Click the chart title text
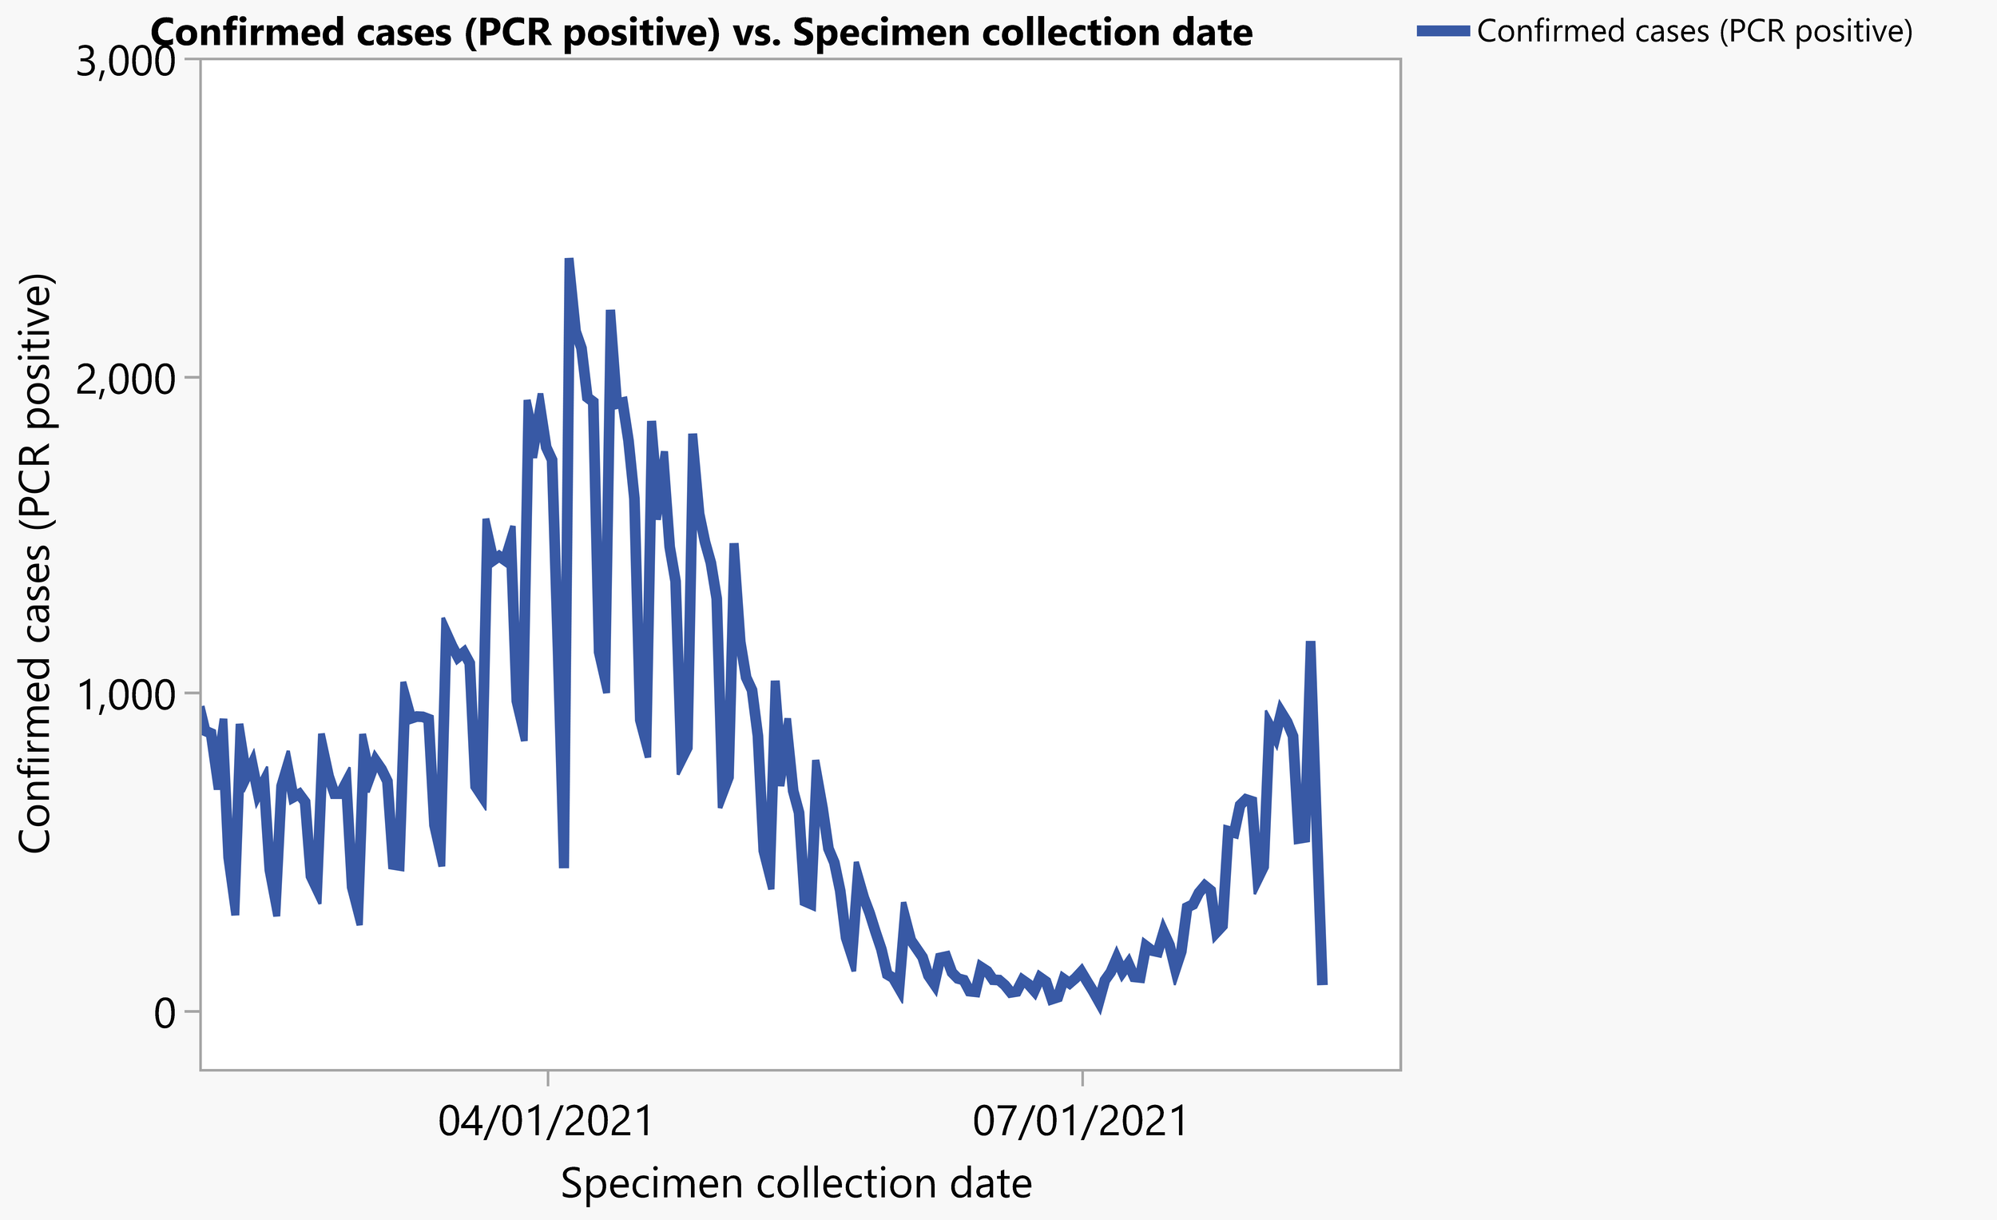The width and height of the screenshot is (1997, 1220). tap(701, 34)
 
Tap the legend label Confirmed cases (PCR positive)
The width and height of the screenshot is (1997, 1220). tap(1695, 31)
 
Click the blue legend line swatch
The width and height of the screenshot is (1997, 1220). tap(1443, 31)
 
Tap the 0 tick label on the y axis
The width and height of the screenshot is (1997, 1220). tap(165, 1012)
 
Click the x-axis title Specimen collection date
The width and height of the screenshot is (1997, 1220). tap(796, 1183)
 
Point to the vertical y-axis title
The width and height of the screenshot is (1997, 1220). tap(36, 562)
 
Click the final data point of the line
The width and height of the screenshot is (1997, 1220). tap(1322, 984)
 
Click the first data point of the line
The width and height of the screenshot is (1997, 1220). tap(202, 709)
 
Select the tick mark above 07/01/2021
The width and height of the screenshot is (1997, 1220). tap(1083, 1077)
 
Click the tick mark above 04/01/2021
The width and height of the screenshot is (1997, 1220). tap(548, 1077)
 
